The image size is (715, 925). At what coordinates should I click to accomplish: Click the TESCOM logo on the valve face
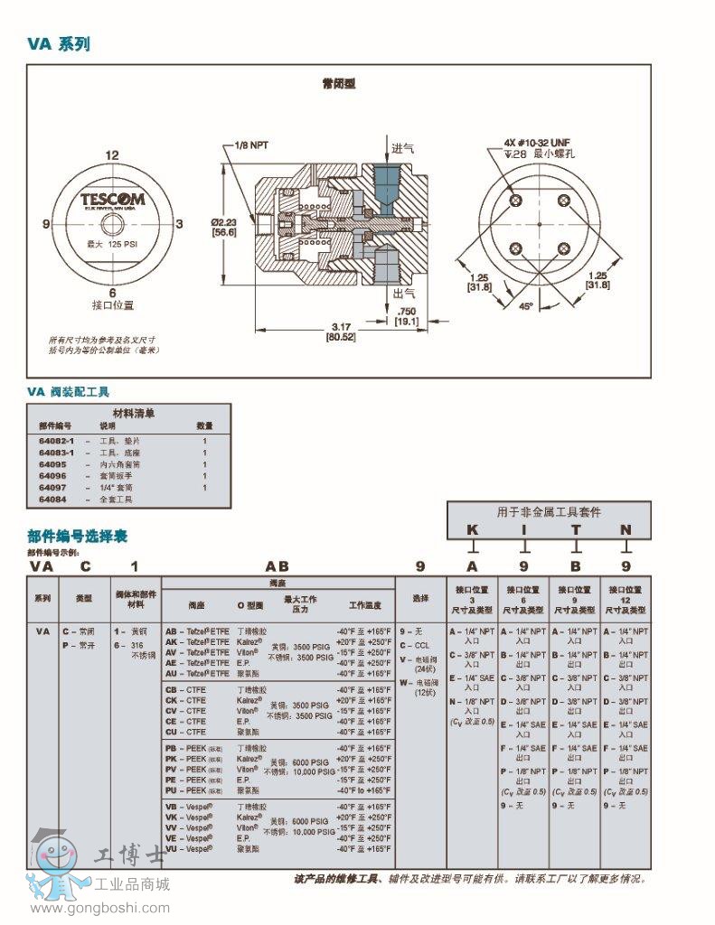[112, 198]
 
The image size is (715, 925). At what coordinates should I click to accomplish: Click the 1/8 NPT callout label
[251, 145]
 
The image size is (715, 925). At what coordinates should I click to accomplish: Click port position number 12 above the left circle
[112, 155]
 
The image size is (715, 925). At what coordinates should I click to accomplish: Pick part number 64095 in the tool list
[52, 463]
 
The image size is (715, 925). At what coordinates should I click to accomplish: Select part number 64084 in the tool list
[52, 499]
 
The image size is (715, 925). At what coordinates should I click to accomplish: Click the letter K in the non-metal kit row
[472, 529]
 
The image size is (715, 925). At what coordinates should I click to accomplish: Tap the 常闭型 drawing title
[339, 83]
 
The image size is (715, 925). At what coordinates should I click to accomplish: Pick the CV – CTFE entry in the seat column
[185, 711]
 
